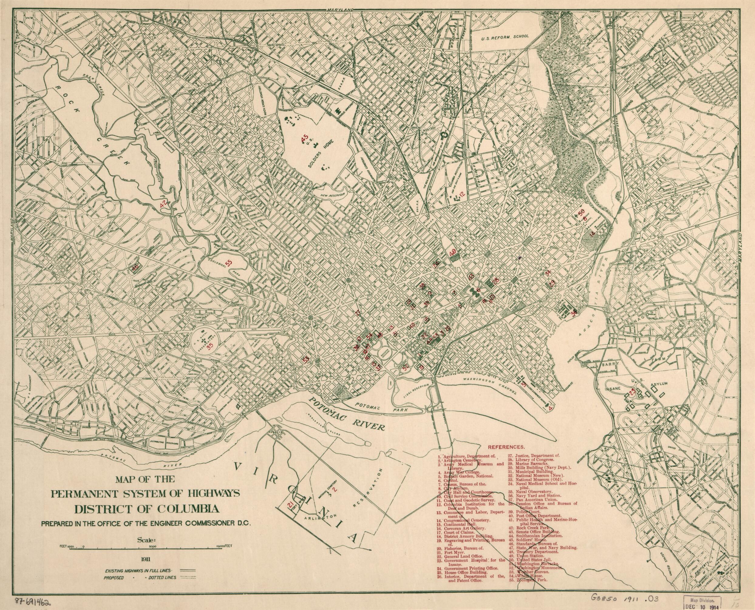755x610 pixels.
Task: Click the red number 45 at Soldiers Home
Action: (304, 139)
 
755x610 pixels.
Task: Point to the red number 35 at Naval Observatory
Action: (210, 346)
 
